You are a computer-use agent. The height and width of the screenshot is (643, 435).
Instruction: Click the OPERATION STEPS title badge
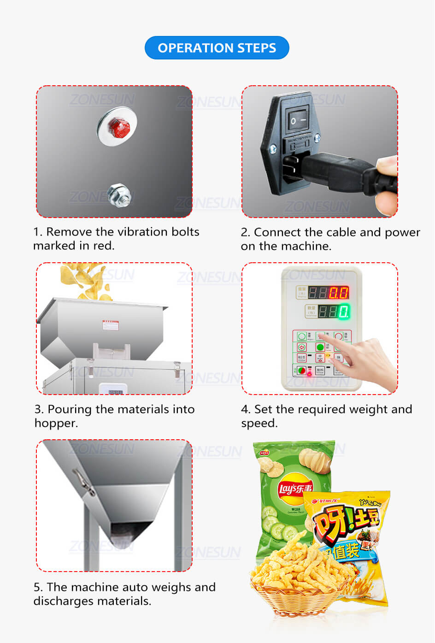coord(217,48)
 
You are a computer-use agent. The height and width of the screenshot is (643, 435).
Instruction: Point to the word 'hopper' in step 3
coord(55,424)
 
